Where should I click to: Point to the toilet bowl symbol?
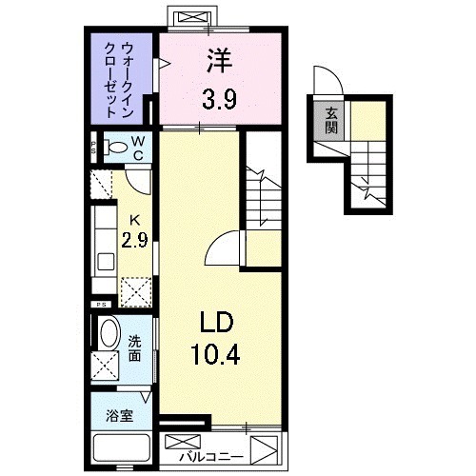[x=114, y=148]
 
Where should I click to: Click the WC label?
[x=138, y=148]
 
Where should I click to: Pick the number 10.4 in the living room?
[x=218, y=359]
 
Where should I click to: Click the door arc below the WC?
[x=138, y=179]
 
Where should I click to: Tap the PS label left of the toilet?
[x=93, y=148]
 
